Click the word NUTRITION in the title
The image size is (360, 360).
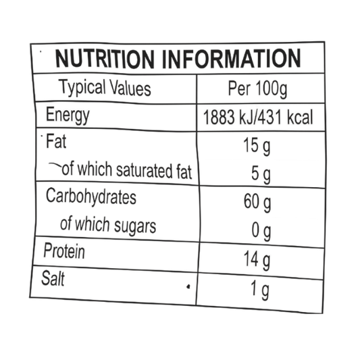[105, 59]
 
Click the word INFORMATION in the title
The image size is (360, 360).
[232, 58]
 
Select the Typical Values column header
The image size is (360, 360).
[105, 88]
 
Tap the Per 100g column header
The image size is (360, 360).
[257, 89]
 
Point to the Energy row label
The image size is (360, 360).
[68, 115]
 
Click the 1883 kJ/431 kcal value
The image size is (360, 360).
[258, 118]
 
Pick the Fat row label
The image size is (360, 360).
[56, 141]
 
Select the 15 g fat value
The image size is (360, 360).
[257, 147]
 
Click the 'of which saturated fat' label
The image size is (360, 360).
[127, 170]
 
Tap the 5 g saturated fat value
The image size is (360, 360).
[261, 174]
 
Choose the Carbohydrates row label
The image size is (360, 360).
[91, 197]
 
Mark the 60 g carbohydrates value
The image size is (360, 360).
[257, 202]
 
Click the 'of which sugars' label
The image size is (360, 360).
[108, 225]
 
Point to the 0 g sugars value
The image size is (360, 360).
[261, 232]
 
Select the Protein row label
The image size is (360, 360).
[64, 251]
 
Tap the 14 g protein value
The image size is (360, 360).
[257, 260]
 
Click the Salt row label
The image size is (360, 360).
[53, 278]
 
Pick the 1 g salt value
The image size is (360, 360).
[259, 290]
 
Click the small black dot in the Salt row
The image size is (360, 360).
[188, 286]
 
